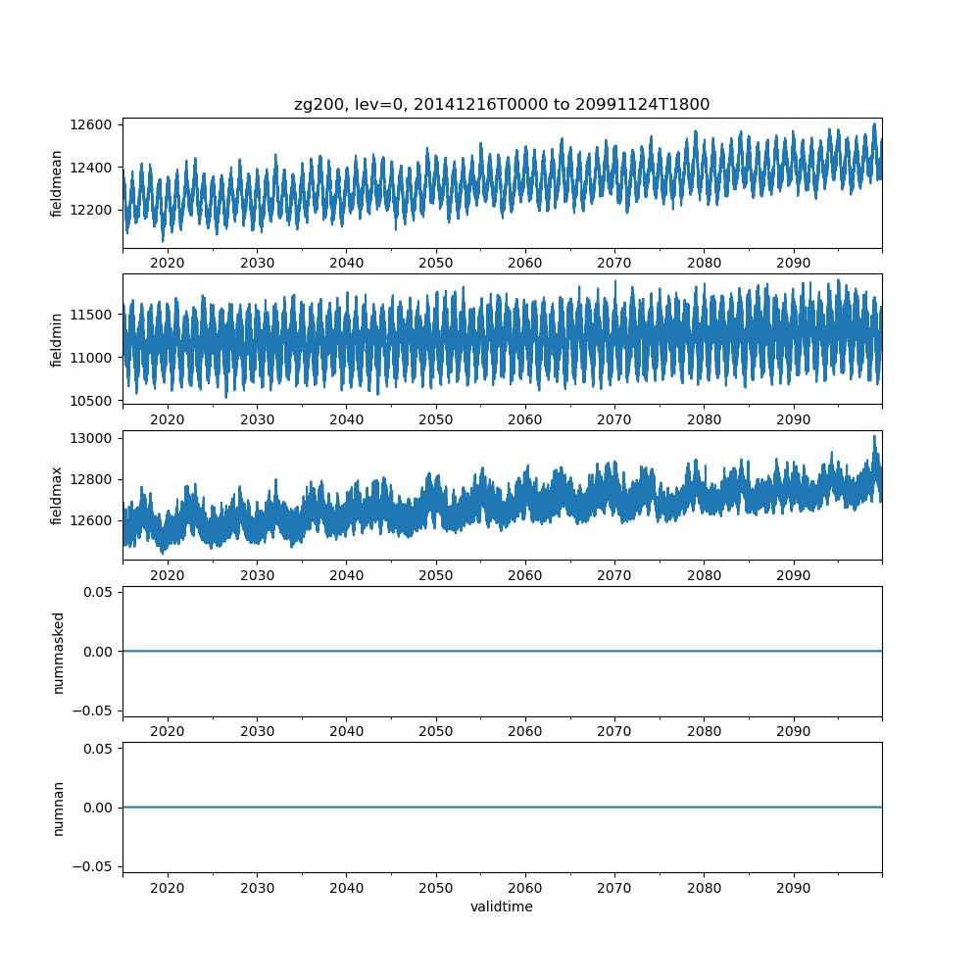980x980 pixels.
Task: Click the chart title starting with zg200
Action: [502, 104]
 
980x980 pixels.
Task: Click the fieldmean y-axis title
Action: [57, 183]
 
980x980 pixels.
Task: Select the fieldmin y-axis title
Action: [57, 339]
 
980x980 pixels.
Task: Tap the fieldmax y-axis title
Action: [57, 496]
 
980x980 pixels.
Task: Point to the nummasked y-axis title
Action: [57, 652]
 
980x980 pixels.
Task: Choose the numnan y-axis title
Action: [57, 808]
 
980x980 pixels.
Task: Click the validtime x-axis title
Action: [502, 907]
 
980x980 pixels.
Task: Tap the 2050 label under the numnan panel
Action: [436, 888]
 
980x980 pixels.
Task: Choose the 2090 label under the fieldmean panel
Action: [794, 264]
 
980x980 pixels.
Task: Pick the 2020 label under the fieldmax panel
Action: [168, 575]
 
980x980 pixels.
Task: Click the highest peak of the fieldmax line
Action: [875, 436]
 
